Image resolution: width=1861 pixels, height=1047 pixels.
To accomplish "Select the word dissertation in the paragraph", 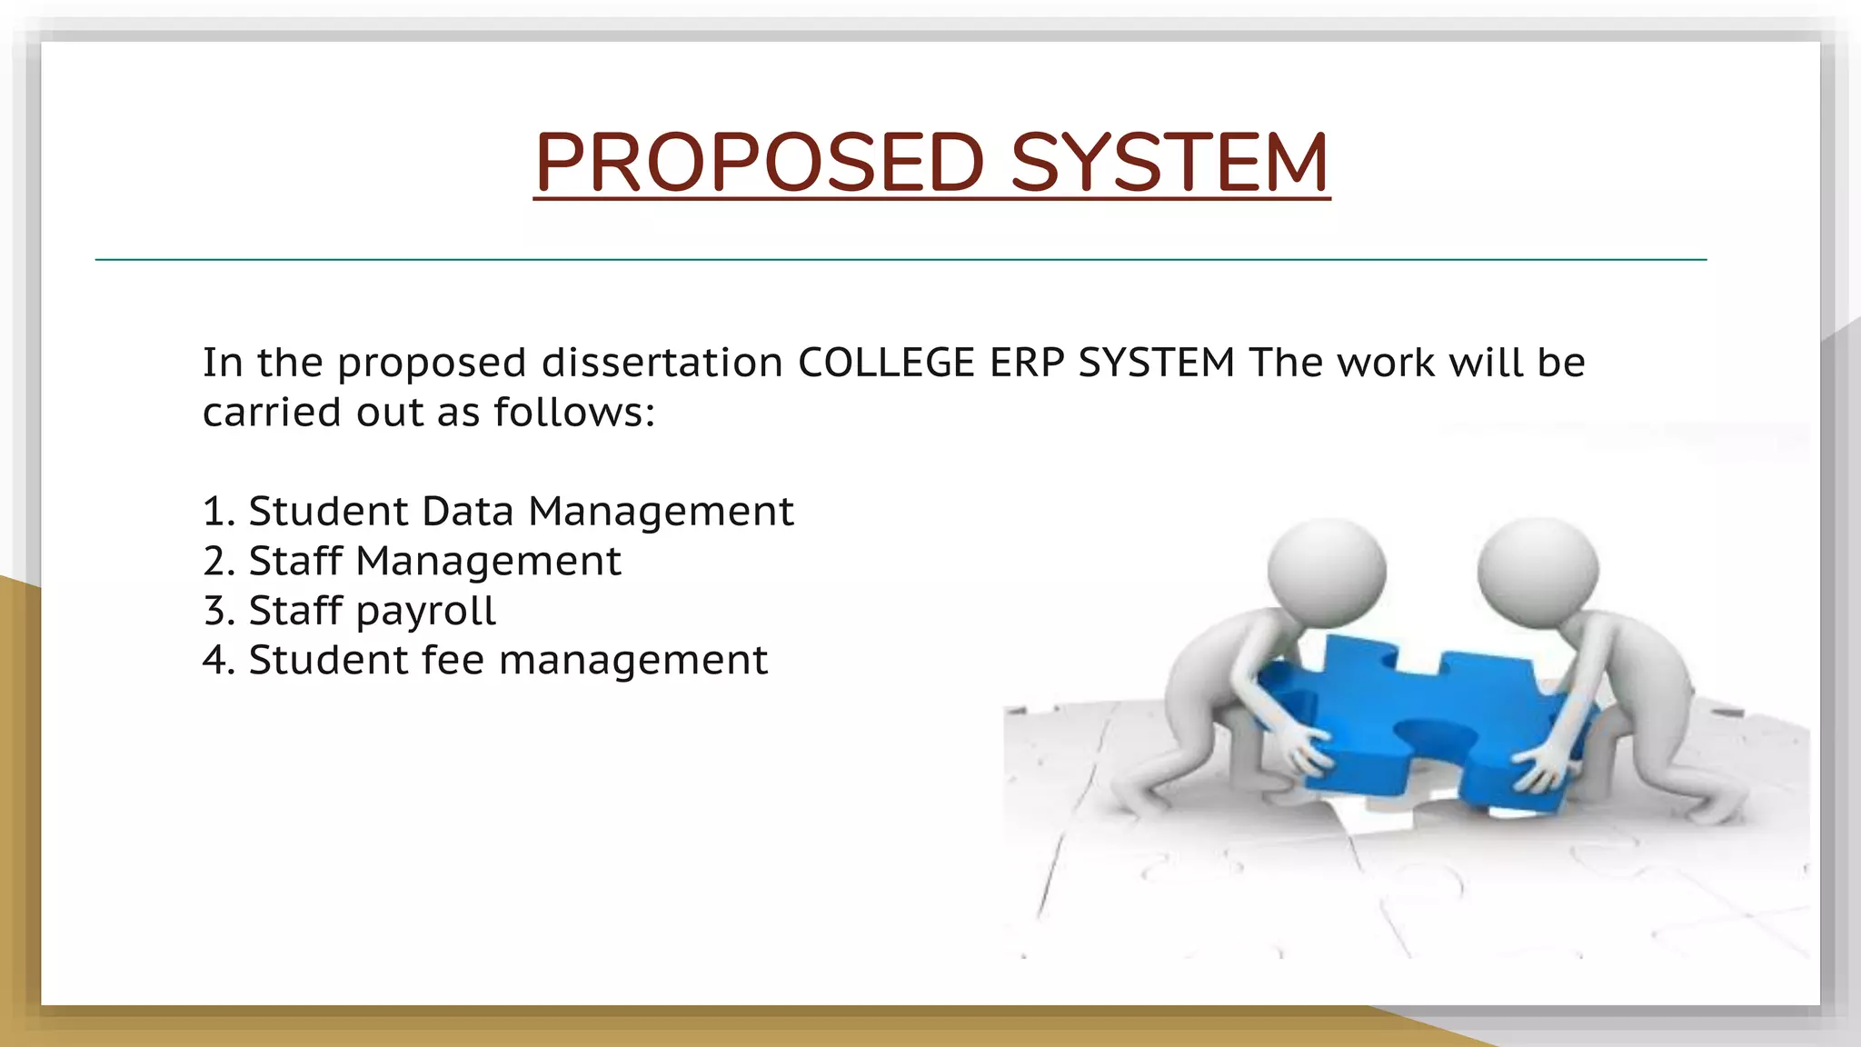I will click(662, 363).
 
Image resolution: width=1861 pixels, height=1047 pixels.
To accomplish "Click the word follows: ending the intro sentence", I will click(574, 413).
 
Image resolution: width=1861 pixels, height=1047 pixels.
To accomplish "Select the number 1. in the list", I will click(218, 512).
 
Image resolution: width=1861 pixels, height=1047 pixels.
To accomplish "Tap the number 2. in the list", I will click(219, 561).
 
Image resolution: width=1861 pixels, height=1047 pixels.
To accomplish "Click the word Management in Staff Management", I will click(488, 561).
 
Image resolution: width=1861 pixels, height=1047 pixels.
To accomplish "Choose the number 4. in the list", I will click(219, 660).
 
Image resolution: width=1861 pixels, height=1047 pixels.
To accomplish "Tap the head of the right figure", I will click(1538, 570).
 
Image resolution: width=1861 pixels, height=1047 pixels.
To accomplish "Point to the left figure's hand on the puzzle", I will click(1305, 747).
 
